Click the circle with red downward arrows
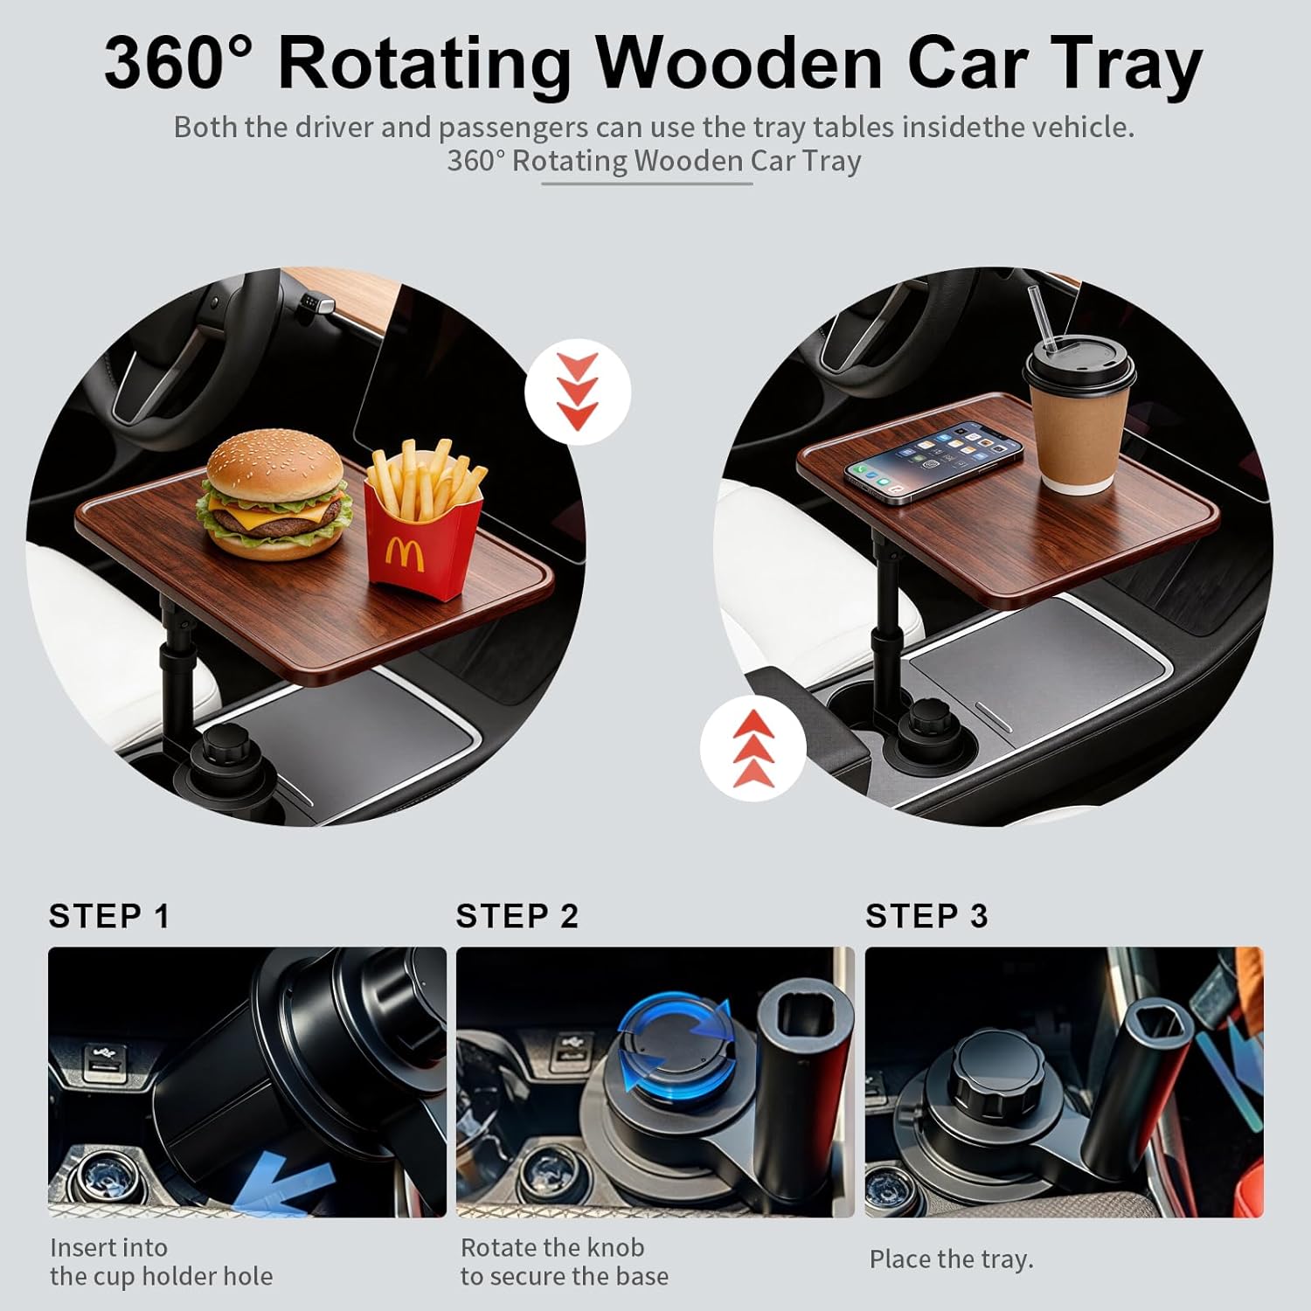point(578,392)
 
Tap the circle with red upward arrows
point(753,748)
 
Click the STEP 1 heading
point(109,916)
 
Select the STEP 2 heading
point(517,916)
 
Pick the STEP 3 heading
point(926,916)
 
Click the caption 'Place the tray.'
point(951,1259)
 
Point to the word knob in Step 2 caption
point(612,1247)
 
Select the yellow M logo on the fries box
point(404,555)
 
